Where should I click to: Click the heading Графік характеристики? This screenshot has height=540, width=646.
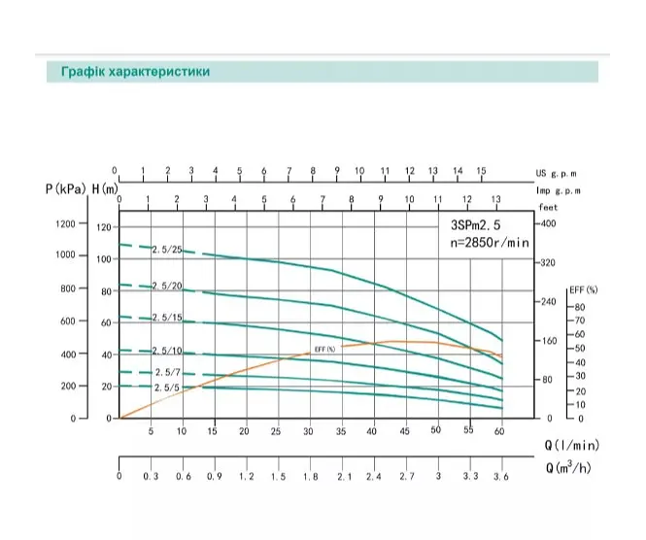(136, 71)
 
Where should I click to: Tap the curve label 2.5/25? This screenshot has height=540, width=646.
(167, 250)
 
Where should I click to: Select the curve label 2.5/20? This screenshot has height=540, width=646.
(167, 286)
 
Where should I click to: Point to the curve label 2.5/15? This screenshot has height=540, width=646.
(167, 318)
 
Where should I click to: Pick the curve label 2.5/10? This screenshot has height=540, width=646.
(167, 351)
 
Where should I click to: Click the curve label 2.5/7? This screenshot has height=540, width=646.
(168, 372)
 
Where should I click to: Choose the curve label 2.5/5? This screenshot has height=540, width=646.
(167, 388)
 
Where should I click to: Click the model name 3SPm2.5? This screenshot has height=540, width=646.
(475, 225)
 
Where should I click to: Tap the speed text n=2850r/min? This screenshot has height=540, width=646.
(490, 242)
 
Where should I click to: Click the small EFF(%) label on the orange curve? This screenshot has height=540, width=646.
(325, 350)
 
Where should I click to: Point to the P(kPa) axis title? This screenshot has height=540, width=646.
(66, 189)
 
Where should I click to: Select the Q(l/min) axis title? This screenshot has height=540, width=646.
(572, 445)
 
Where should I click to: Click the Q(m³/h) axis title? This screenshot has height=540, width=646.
(568, 467)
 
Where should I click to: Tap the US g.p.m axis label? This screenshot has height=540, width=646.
(557, 174)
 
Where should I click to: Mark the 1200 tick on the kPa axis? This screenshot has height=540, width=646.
(65, 223)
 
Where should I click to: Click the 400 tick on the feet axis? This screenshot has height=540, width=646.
(548, 223)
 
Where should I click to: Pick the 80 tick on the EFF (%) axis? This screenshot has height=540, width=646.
(580, 307)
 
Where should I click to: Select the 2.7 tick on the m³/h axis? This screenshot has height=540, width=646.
(407, 477)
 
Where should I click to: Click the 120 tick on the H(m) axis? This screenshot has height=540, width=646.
(104, 227)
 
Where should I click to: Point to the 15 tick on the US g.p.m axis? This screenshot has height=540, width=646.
(481, 171)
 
